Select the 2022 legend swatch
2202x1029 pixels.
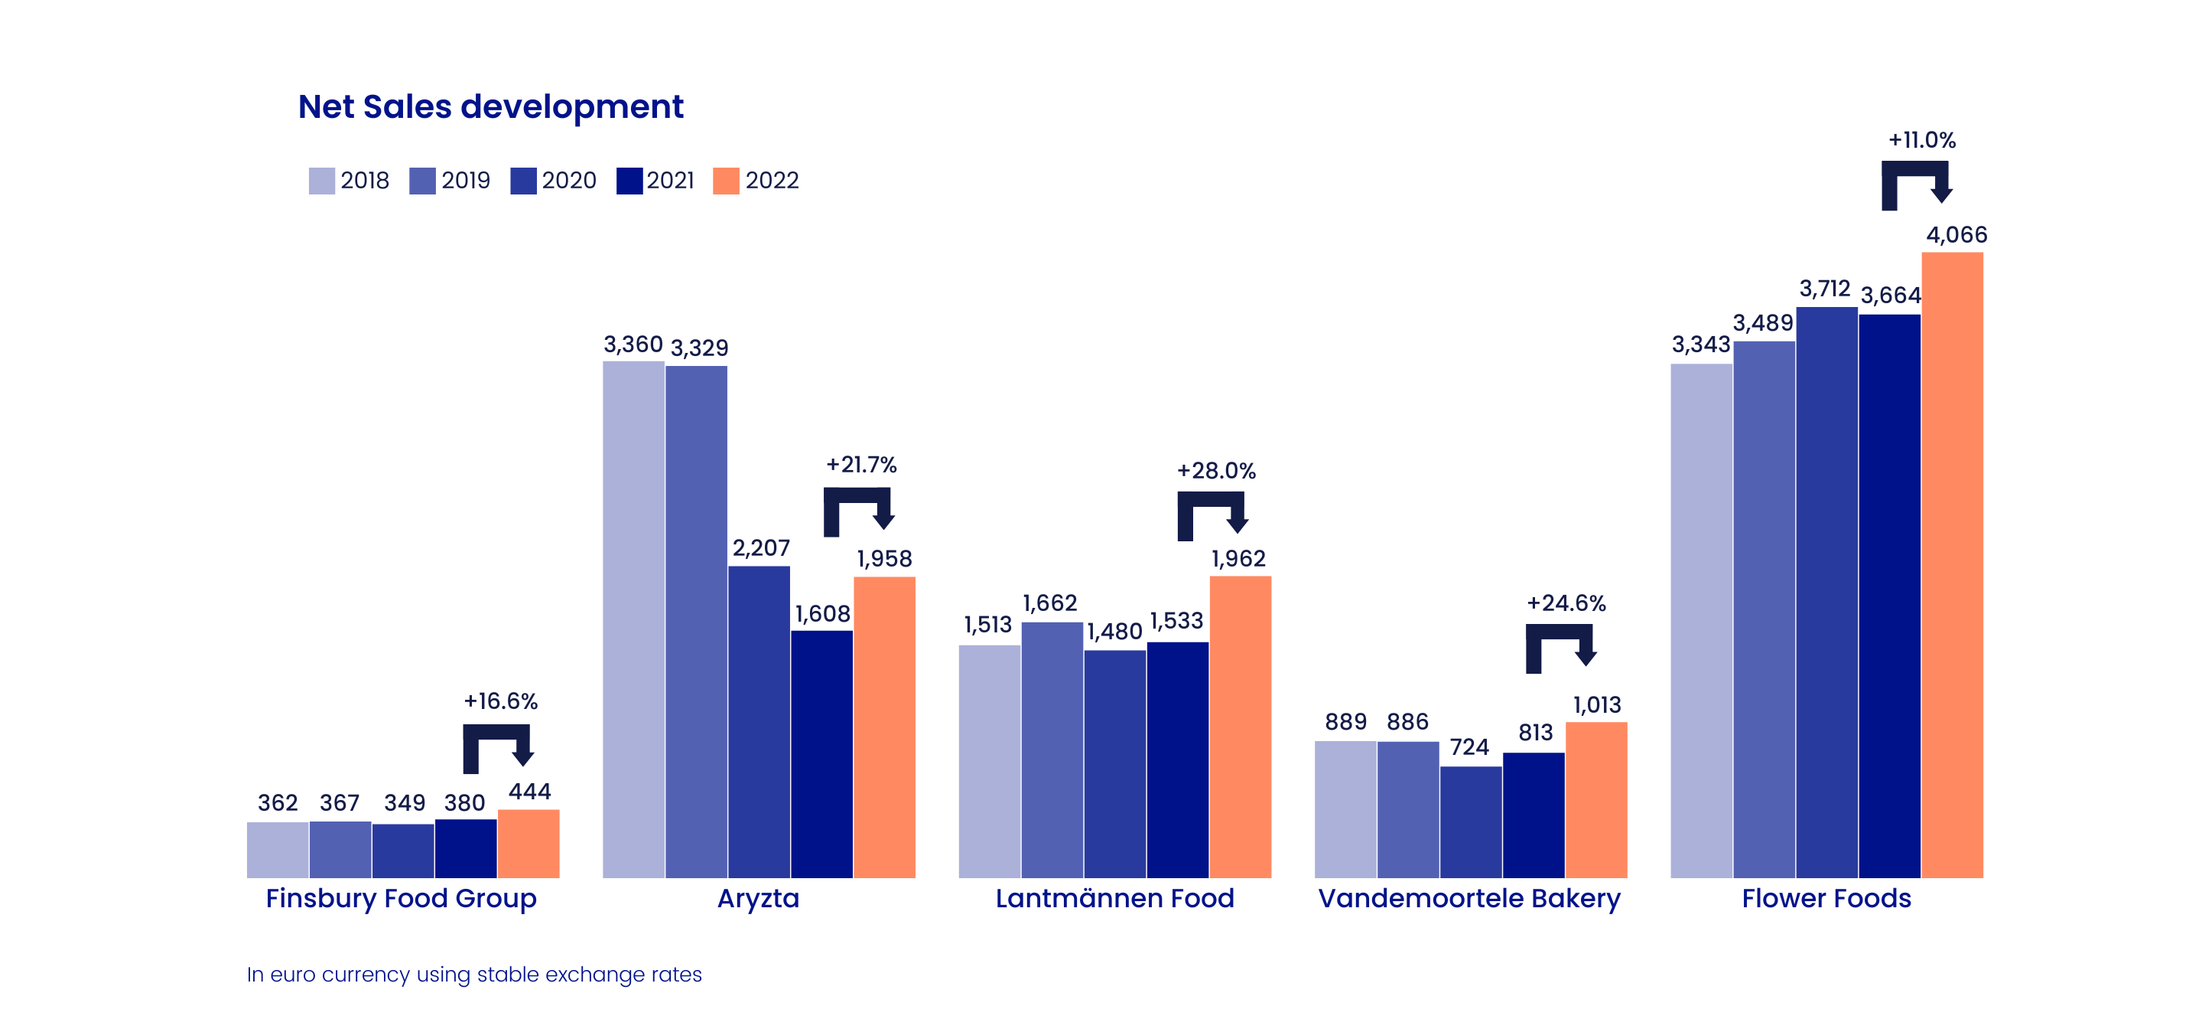pyautogui.click(x=726, y=181)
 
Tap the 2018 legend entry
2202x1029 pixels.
pyautogui.click(x=349, y=181)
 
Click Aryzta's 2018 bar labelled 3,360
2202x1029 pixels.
pyautogui.click(x=633, y=619)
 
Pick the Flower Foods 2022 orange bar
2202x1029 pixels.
pyautogui.click(x=1953, y=564)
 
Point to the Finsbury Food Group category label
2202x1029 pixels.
pyautogui.click(x=401, y=898)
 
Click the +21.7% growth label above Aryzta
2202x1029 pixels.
pyautogui.click(x=860, y=465)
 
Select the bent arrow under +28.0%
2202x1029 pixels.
pyautogui.click(x=1212, y=516)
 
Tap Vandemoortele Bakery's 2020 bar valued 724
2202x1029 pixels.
pyautogui.click(x=1470, y=822)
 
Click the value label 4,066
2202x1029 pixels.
pyautogui.click(x=1956, y=235)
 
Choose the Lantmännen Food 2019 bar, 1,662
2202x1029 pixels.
pyautogui.click(x=1052, y=750)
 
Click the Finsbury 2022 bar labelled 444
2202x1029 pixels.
pyautogui.click(x=529, y=844)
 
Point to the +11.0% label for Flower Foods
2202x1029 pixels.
pyautogui.click(x=1921, y=139)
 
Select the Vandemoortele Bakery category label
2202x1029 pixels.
pyautogui.click(x=1469, y=898)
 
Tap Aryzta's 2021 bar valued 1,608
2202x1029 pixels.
pyautogui.click(x=821, y=753)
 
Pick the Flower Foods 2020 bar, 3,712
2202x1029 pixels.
pyautogui.click(x=1826, y=592)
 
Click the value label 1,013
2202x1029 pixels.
pyautogui.click(x=1597, y=705)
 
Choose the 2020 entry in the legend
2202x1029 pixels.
pyautogui.click(x=553, y=181)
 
